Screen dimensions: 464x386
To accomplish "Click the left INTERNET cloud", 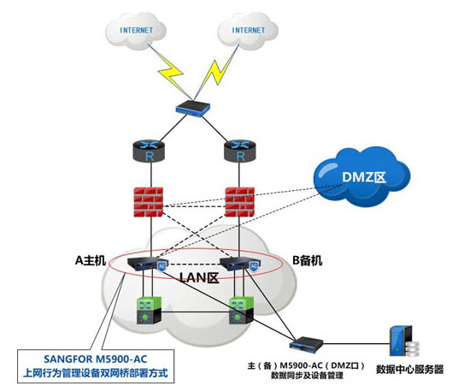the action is point(136,31).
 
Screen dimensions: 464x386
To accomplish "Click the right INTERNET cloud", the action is point(248,31).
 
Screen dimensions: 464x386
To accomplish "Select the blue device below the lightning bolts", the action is point(192,108).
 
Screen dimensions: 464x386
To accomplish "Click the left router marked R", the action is point(149,151).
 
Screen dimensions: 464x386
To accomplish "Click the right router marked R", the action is point(240,151).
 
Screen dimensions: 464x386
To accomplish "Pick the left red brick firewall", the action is point(148,202).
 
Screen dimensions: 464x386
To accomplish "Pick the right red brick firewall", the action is point(239,202).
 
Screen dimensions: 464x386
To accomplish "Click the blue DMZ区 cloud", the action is point(362,177).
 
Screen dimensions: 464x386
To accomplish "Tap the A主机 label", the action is point(91,260).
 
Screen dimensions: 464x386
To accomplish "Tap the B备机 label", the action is point(308,260).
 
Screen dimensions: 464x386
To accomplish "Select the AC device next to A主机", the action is point(148,264).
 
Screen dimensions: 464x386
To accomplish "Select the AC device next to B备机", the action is point(240,264).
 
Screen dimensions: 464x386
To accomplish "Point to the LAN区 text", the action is point(199,278).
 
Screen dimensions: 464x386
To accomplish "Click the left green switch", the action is point(149,310).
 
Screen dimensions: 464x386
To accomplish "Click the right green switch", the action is point(241,310).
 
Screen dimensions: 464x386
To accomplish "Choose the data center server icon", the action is point(404,341).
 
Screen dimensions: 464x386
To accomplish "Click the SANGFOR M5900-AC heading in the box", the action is point(96,359).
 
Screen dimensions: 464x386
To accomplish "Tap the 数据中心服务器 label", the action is point(409,370).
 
